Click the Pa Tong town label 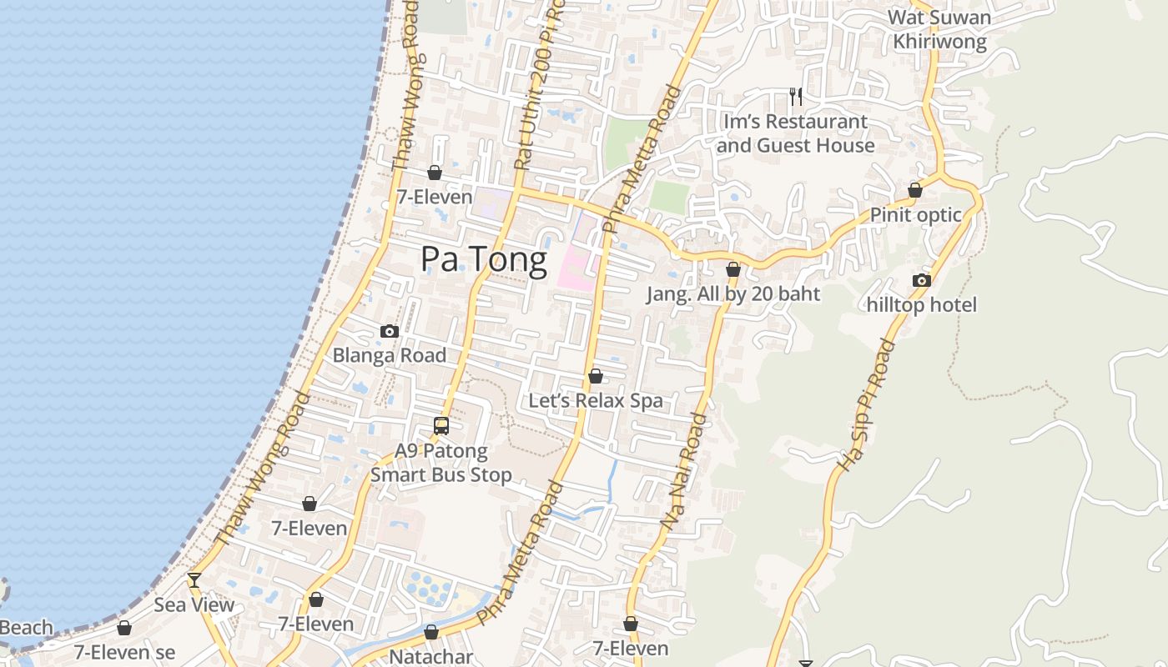(484, 259)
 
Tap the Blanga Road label (389, 355)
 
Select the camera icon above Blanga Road (389, 332)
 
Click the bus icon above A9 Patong (441, 426)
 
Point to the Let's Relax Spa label (596, 400)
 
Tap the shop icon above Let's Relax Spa (596, 377)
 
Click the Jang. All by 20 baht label (733, 293)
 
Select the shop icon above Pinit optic (915, 191)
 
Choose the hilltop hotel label (921, 305)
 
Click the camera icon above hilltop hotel (922, 281)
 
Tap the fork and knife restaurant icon (796, 97)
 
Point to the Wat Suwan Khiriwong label (939, 29)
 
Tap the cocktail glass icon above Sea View (194, 579)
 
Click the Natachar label (431, 657)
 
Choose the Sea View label (194, 604)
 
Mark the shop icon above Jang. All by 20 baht (733, 270)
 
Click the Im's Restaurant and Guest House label (796, 133)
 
